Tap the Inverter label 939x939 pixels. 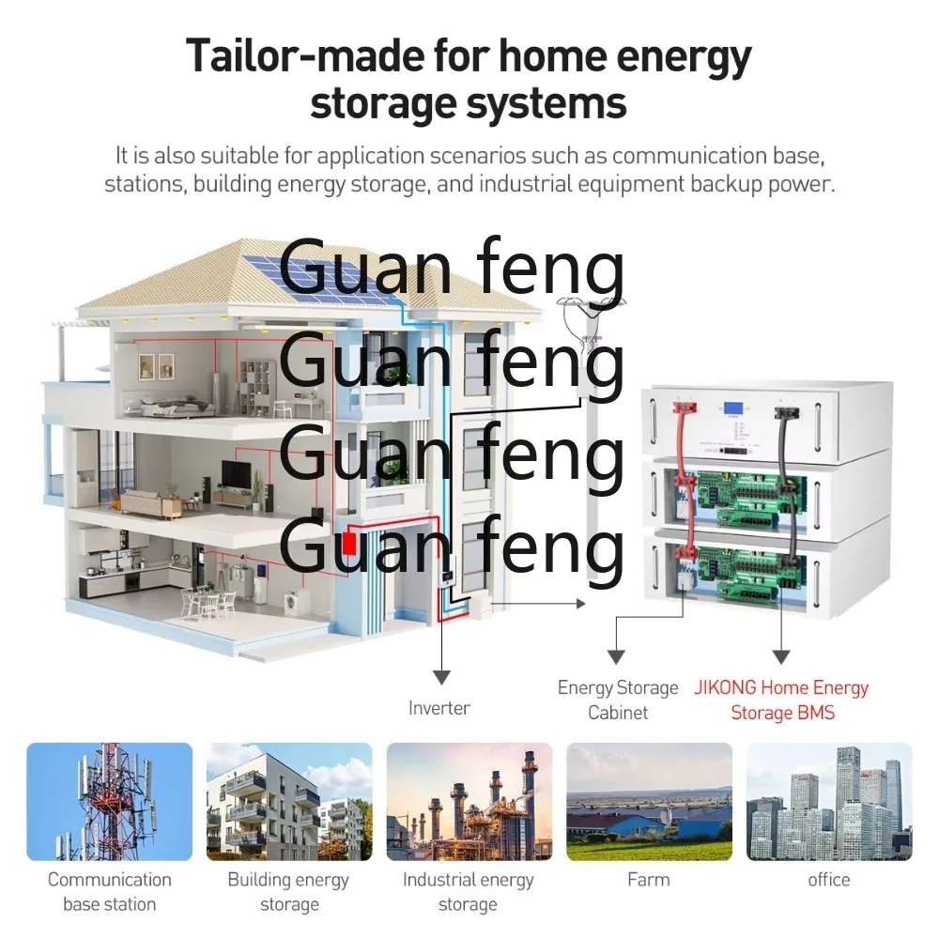pyautogui.click(x=439, y=708)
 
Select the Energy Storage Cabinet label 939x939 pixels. pyautogui.click(x=618, y=700)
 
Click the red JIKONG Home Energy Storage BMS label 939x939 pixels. pyautogui.click(x=781, y=700)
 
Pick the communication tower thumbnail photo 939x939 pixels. pyautogui.click(x=110, y=802)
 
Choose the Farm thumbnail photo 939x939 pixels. pyautogui.click(x=649, y=802)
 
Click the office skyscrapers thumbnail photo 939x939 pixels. pyautogui.click(x=829, y=802)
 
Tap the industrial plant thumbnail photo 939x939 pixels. pyautogui.click(x=469, y=802)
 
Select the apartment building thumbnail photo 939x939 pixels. pyautogui.click(x=289, y=802)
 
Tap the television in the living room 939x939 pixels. pyautogui.click(x=236, y=474)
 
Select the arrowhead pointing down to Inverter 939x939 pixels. pyautogui.click(x=441, y=677)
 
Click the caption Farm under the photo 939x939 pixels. pyautogui.click(x=649, y=880)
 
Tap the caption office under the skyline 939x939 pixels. pyautogui.click(x=829, y=880)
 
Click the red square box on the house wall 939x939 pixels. pyautogui.click(x=349, y=545)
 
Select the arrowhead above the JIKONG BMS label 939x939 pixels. pyautogui.click(x=781, y=657)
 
